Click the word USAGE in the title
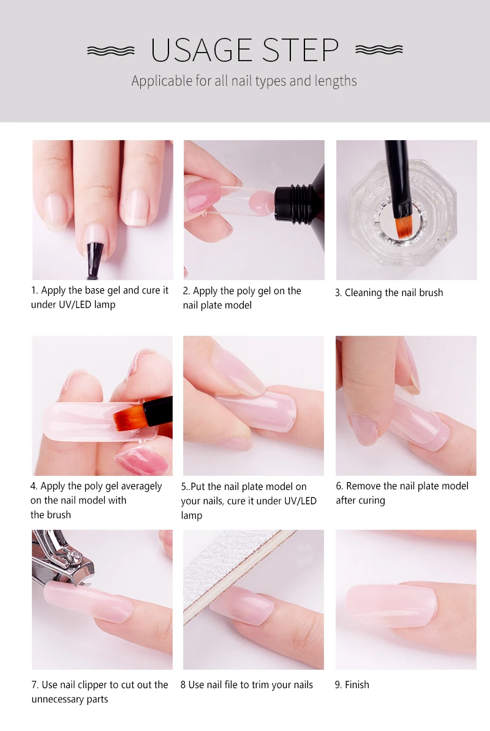tap(201, 50)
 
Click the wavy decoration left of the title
tap(111, 51)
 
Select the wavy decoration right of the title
tap(379, 50)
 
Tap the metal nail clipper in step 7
tap(63, 558)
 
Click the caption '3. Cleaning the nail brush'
tap(389, 293)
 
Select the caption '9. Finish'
tap(352, 685)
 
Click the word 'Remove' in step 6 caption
tap(363, 486)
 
